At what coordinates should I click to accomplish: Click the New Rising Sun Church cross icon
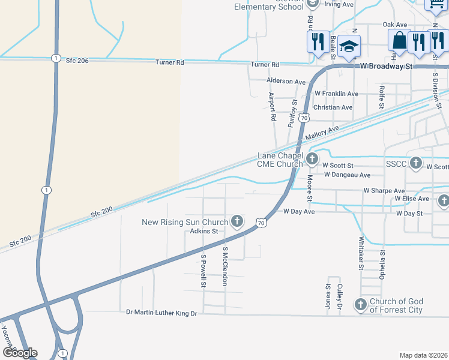[x=237, y=222]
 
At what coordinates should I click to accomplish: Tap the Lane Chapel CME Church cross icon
[x=312, y=159]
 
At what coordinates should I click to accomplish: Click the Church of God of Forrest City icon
[x=361, y=305]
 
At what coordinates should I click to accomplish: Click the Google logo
[x=20, y=352]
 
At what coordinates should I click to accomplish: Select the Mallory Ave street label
[x=322, y=133]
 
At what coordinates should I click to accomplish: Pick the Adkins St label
[x=203, y=231]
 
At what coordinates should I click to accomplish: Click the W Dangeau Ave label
[x=347, y=175]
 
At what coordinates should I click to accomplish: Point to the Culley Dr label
[x=340, y=298]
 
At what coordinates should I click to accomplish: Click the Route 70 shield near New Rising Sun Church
[x=261, y=223]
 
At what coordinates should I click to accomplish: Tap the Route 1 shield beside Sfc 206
[x=55, y=58]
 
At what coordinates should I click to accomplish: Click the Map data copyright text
[x=424, y=355]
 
